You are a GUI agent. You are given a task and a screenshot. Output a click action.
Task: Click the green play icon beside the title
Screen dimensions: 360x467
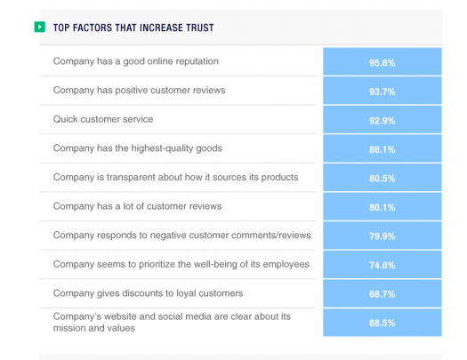tap(39, 28)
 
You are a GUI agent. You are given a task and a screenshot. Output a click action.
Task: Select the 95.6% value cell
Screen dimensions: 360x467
tap(382, 63)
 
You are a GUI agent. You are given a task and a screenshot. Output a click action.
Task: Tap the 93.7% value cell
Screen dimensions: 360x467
tap(382, 92)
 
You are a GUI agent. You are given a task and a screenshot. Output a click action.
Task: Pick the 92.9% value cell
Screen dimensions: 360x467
tap(382, 120)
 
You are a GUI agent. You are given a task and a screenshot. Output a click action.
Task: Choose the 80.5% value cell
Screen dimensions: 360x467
tap(382, 178)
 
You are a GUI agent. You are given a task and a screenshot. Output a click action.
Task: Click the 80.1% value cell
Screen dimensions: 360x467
tap(382, 206)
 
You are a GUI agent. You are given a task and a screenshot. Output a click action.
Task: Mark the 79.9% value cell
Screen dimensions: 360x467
tap(382, 236)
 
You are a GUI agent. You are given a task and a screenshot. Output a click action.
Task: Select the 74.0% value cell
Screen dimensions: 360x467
tap(382, 264)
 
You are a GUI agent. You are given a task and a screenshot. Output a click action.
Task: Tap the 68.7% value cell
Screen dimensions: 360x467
tap(382, 293)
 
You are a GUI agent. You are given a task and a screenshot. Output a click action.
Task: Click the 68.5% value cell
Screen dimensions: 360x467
tap(382, 322)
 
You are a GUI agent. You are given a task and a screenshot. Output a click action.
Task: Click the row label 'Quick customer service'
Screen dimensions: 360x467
tap(103, 119)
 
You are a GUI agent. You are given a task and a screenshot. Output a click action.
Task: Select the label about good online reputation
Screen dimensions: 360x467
tap(135, 61)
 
